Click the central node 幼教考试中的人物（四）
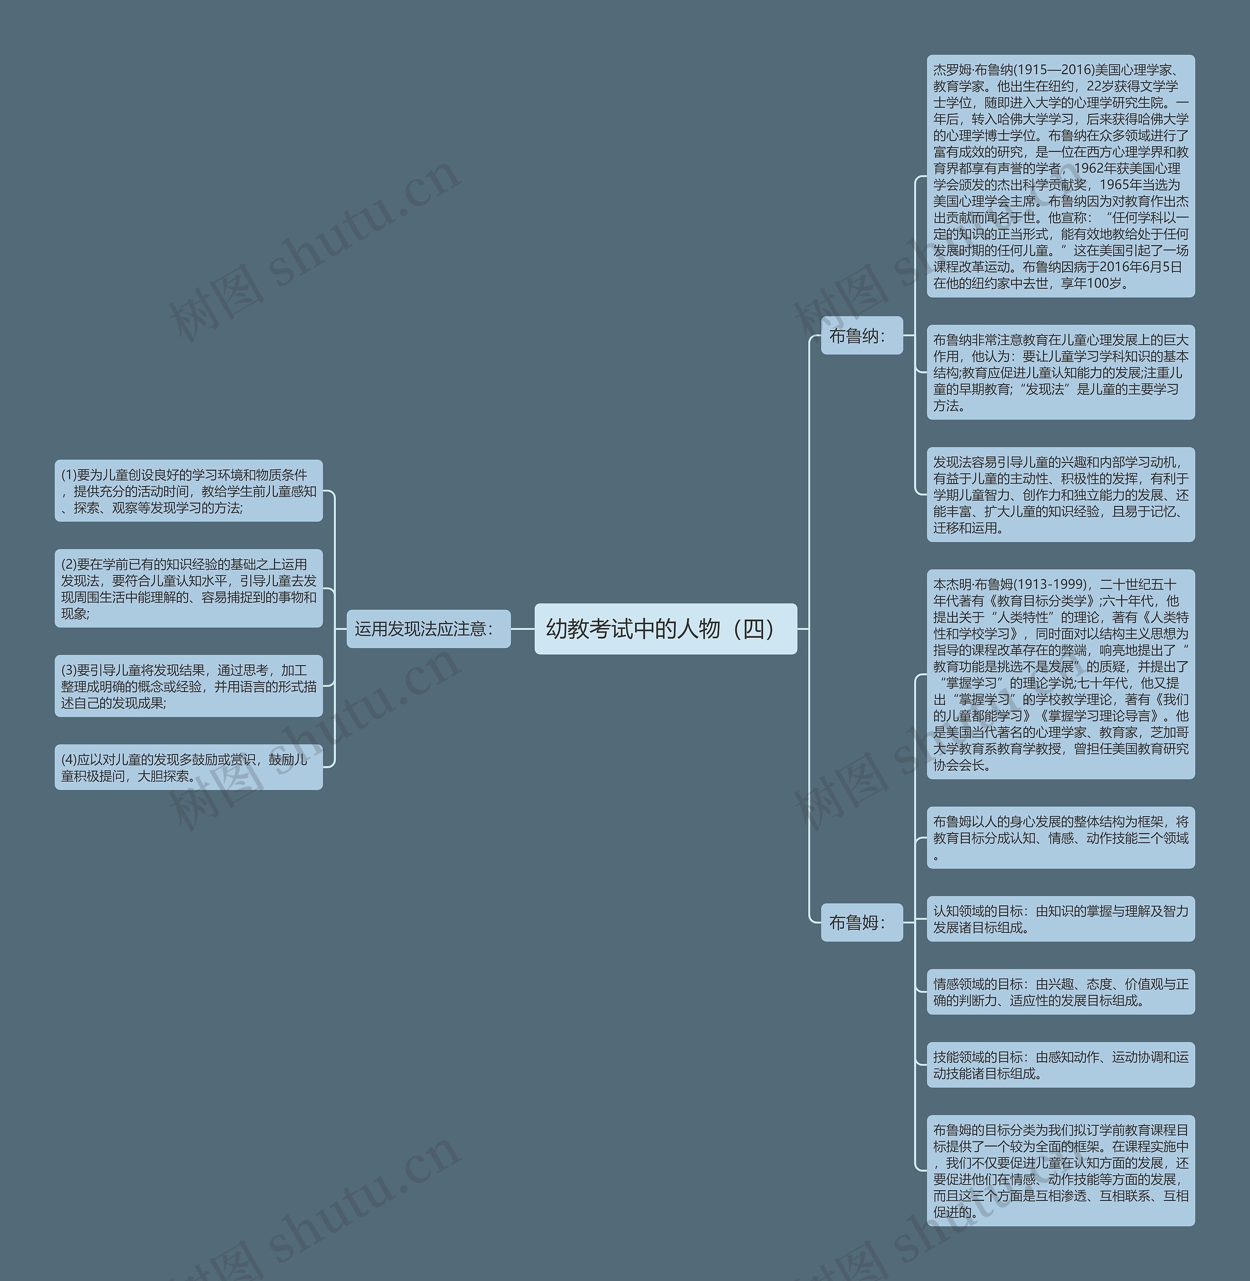pos(665,629)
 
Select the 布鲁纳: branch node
pos(861,336)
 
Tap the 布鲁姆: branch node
pos(861,922)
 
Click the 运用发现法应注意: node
pos(428,629)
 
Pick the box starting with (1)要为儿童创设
pos(188,490)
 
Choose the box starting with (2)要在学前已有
pos(188,588)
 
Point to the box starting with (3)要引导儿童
pos(188,686)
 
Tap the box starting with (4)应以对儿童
pos(188,767)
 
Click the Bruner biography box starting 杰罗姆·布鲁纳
pos(1060,176)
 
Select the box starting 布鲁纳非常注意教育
pos(1060,372)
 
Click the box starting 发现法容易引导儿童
pos(1060,494)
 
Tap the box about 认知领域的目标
pos(1060,919)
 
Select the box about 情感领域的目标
pos(1060,991)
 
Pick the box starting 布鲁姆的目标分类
pos(1060,1170)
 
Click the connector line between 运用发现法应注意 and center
pos(522,629)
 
